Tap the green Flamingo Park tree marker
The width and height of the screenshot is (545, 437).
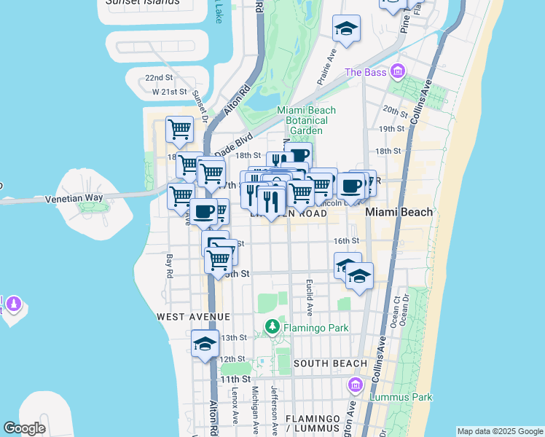point(272,327)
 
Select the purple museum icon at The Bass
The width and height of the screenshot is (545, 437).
point(397,71)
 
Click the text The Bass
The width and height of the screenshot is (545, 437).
point(364,72)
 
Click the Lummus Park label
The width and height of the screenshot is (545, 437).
point(401,397)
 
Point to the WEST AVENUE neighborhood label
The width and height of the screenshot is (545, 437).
point(193,317)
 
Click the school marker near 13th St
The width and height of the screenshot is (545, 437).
point(205,345)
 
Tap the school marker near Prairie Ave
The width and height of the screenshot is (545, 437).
point(346,29)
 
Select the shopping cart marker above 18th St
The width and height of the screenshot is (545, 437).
point(179,130)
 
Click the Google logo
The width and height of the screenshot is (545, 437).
point(24,428)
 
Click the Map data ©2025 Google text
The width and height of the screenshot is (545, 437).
point(500,431)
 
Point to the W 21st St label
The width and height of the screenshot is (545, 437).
point(170,92)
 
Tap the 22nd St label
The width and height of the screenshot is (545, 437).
point(158,77)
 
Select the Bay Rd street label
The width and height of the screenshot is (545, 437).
point(169,266)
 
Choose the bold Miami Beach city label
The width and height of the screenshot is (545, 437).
point(399,212)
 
